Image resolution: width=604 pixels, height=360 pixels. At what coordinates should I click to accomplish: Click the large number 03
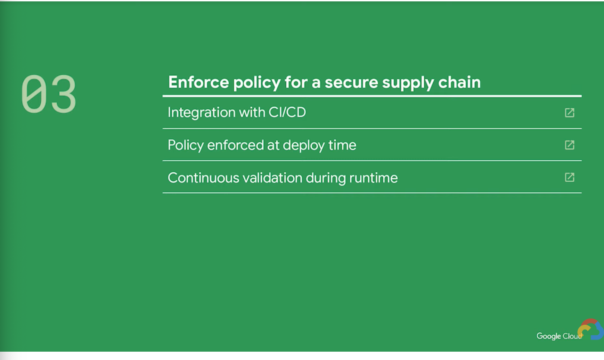coord(49,94)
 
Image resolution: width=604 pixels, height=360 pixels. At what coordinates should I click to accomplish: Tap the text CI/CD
coord(287,112)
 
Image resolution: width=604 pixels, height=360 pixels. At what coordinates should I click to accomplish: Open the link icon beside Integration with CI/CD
coord(570,113)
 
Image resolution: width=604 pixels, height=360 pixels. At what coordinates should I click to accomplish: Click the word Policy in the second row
coord(186,145)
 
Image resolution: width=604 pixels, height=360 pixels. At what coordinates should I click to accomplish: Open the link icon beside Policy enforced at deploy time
coord(570,145)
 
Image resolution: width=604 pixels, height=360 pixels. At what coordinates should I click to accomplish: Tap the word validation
coord(272,178)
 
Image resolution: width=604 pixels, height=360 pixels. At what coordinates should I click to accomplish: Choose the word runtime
coord(373,178)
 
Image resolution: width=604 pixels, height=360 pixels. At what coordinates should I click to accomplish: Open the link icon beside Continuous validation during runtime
coord(570,177)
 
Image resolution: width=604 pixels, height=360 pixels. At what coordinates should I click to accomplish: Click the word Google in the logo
coord(549,336)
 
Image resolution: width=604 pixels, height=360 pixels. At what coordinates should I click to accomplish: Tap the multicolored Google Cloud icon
coord(591,329)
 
